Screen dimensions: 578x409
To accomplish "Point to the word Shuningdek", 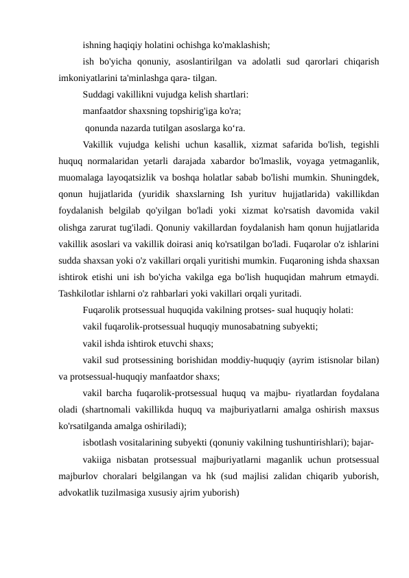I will coord(353,176).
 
